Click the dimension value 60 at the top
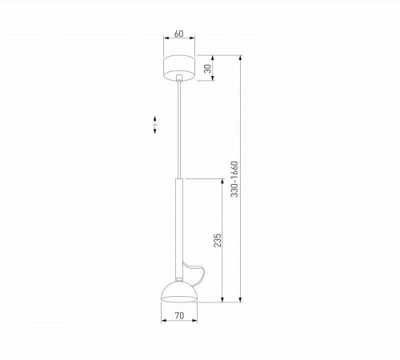(x=179, y=34)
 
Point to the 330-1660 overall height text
(x=234, y=179)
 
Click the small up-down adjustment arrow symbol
(x=155, y=123)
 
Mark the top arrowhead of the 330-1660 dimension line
(x=240, y=57)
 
